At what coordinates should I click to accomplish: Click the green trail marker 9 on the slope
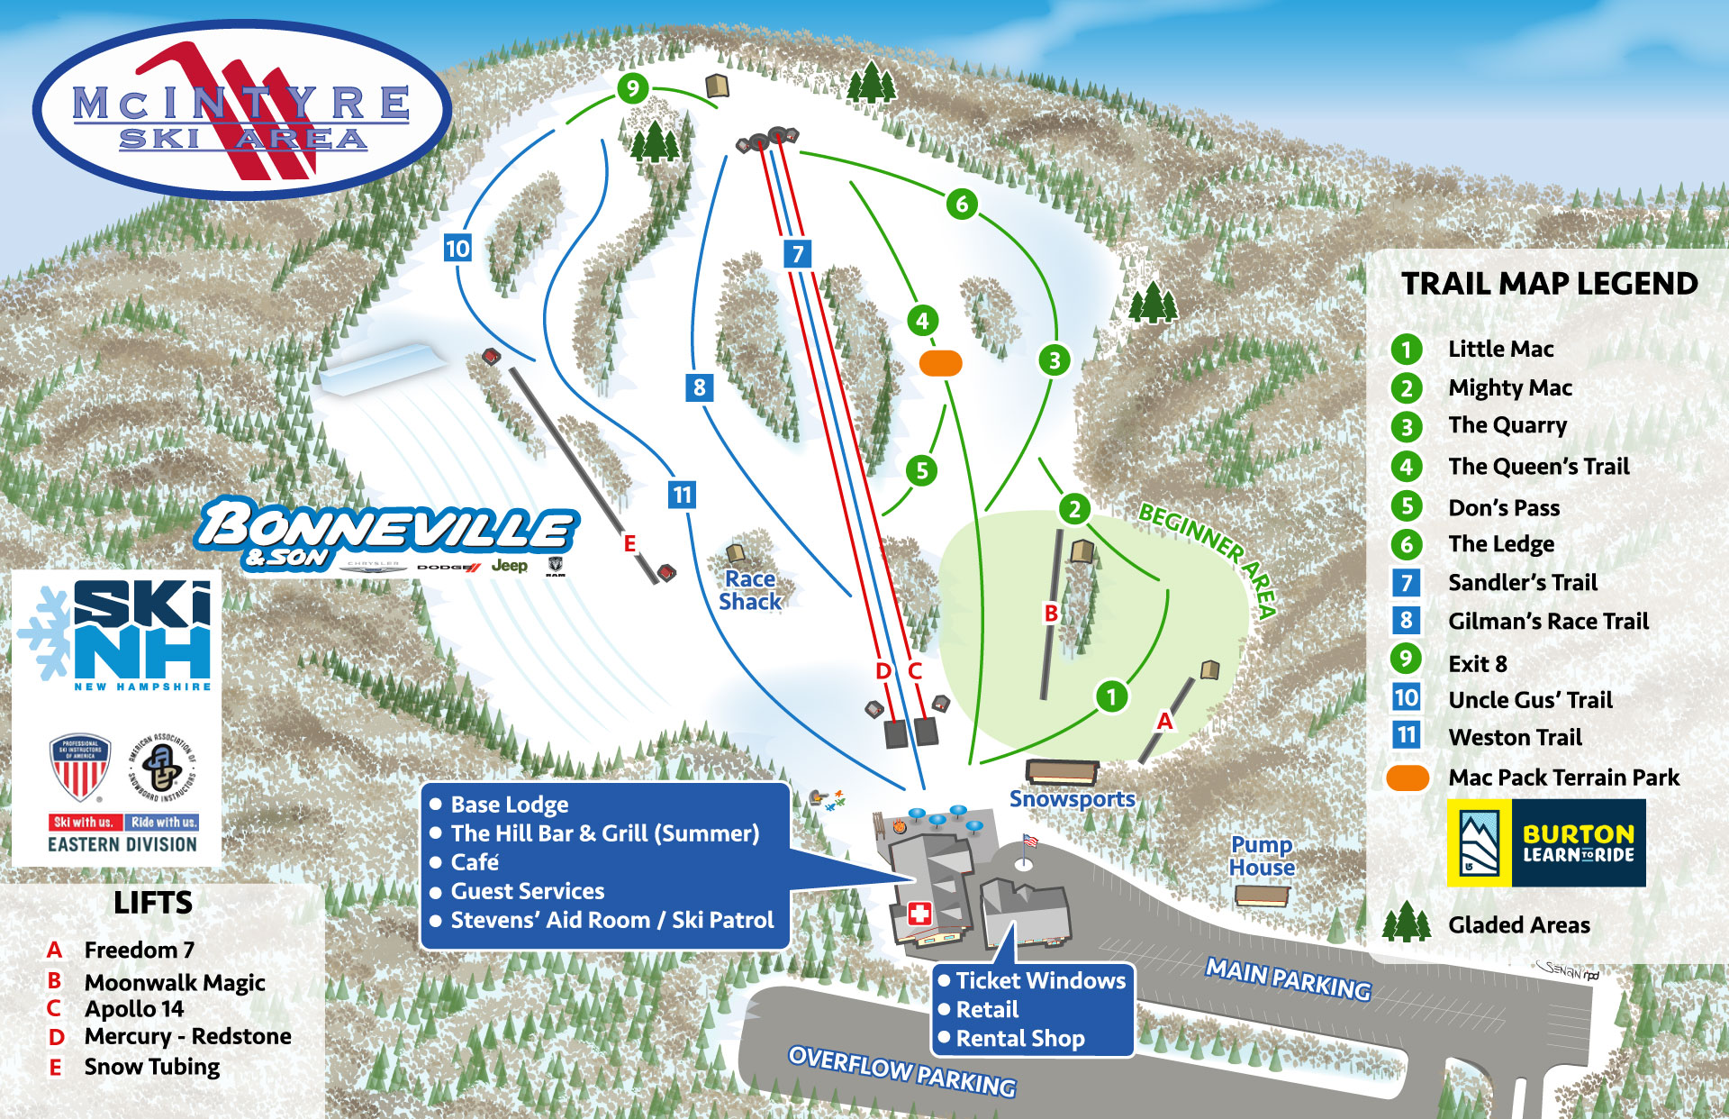[633, 88]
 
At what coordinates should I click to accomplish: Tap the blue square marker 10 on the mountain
[457, 248]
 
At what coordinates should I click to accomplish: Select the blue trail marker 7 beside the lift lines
[797, 253]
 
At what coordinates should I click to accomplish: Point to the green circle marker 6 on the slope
[962, 205]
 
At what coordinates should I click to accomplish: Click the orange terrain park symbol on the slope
[940, 363]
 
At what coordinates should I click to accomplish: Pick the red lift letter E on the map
[629, 543]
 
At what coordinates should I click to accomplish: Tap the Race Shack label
[750, 590]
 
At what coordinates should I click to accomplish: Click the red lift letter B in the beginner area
[1050, 614]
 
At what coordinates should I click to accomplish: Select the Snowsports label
[1072, 799]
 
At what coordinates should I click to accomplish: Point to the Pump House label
[1262, 856]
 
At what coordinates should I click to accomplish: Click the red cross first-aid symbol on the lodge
[919, 914]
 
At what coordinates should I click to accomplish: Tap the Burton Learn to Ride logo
[1546, 843]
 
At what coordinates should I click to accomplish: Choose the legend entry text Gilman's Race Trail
[1548, 621]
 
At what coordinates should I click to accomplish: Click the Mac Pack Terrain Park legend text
[1563, 778]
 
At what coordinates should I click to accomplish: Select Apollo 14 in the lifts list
[134, 1009]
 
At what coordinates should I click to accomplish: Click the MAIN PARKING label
[1288, 979]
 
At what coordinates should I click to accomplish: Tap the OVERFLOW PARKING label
[902, 1071]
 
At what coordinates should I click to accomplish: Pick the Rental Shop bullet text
[1019, 1039]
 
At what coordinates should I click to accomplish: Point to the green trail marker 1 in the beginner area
[1111, 696]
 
